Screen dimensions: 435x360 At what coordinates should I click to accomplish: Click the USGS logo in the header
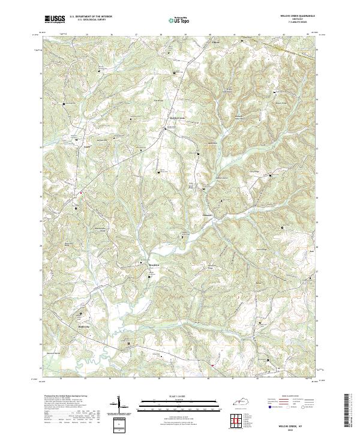coord(55,19)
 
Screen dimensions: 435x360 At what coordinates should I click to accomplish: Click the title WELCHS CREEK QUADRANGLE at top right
coord(293,16)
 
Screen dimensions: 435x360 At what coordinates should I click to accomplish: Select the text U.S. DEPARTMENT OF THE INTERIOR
coord(91,17)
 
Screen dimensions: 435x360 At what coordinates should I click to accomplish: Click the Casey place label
coord(86,146)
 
